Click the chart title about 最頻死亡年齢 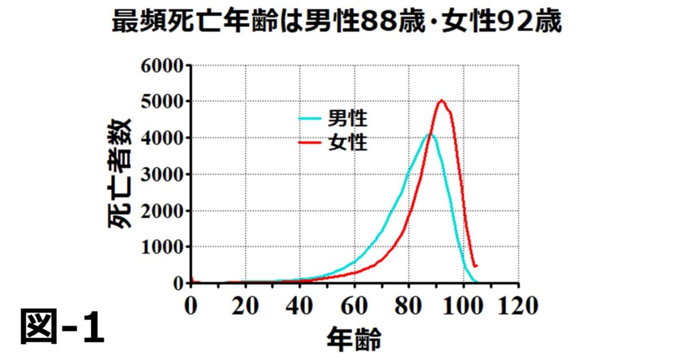(337, 22)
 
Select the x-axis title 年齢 (354, 340)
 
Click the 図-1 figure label (62, 327)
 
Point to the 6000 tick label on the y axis (162, 66)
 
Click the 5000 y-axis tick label (162, 102)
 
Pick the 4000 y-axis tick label (162, 138)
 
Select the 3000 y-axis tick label (162, 174)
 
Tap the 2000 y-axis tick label (162, 211)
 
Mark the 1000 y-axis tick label (162, 247)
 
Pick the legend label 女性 (347, 143)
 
